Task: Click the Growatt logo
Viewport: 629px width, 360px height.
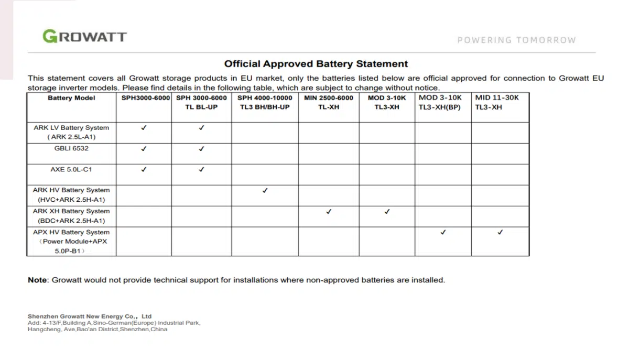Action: coord(84,36)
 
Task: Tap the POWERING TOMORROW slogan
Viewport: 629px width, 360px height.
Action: coord(516,40)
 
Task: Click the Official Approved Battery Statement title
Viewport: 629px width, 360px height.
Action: coord(316,64)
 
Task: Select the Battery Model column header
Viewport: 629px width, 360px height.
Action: coord(71,98)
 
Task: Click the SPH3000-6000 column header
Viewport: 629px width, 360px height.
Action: coord(144,98)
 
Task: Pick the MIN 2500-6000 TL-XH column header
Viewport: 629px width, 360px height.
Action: coord(329,102)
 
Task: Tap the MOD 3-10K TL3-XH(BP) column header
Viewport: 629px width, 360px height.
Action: coord(443,102)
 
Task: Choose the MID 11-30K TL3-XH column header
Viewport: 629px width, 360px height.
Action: coord(497,102)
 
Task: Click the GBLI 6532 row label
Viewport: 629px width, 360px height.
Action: coord(71,149)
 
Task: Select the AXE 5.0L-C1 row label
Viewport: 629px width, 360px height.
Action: coord(71,170)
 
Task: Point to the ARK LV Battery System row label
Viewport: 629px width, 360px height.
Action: coord(71,132)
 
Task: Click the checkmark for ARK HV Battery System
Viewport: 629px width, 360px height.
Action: coord(265,191)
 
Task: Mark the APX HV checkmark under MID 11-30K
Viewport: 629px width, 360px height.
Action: coord(500,232)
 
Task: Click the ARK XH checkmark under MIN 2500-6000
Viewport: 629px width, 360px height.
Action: coord(329,212)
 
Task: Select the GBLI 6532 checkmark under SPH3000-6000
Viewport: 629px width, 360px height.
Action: coord(144,149)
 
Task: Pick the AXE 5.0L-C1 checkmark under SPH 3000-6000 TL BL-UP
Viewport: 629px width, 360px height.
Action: coord(201,170)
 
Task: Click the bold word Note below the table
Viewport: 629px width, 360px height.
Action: coord(38,280)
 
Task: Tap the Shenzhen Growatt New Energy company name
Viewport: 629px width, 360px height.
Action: coord(90,317)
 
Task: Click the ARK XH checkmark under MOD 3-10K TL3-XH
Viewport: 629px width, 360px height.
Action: coord(387,212)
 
